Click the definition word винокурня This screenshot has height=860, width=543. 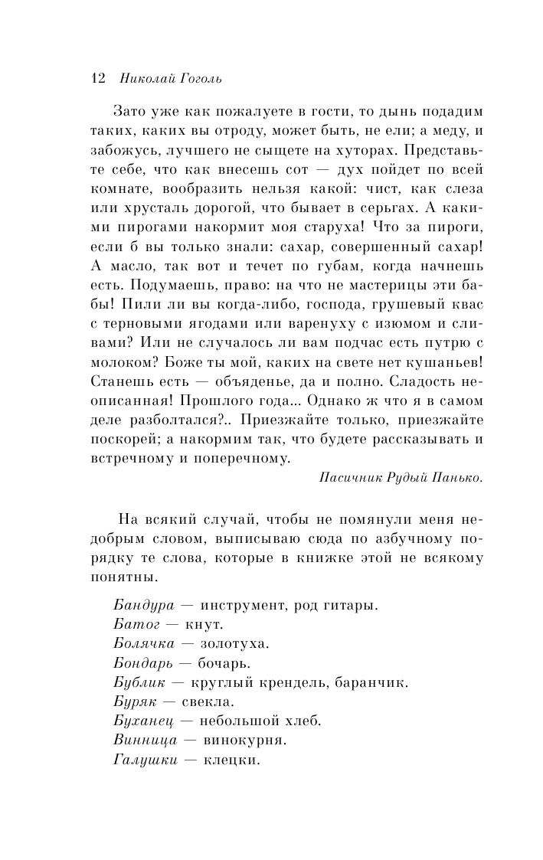(243, 741)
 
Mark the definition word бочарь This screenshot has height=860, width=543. (225, 662)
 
